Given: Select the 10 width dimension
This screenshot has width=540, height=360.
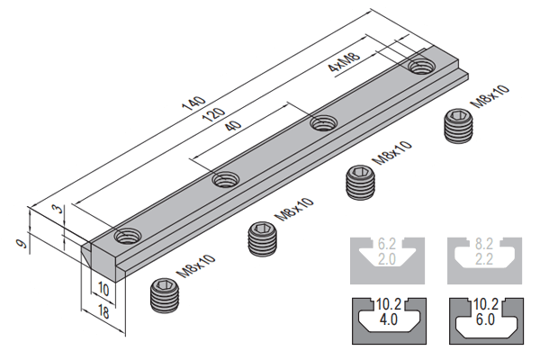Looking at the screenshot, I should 103,290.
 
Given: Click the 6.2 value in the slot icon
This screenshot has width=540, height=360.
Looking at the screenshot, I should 388,244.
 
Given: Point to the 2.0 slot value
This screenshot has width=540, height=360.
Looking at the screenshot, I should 388,259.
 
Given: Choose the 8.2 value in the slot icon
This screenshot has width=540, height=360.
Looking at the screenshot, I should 484,244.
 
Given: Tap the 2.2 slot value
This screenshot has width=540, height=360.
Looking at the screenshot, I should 484,259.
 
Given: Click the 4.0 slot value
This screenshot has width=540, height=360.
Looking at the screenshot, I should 388,319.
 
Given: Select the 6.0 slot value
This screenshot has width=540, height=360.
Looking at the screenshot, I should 484,319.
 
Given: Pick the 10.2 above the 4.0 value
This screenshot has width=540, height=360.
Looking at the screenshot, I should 388,303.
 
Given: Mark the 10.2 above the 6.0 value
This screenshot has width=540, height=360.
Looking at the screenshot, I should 484,303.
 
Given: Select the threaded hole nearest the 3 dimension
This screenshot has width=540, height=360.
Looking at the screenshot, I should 126,236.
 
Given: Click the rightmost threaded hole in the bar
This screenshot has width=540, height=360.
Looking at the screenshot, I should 419,67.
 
